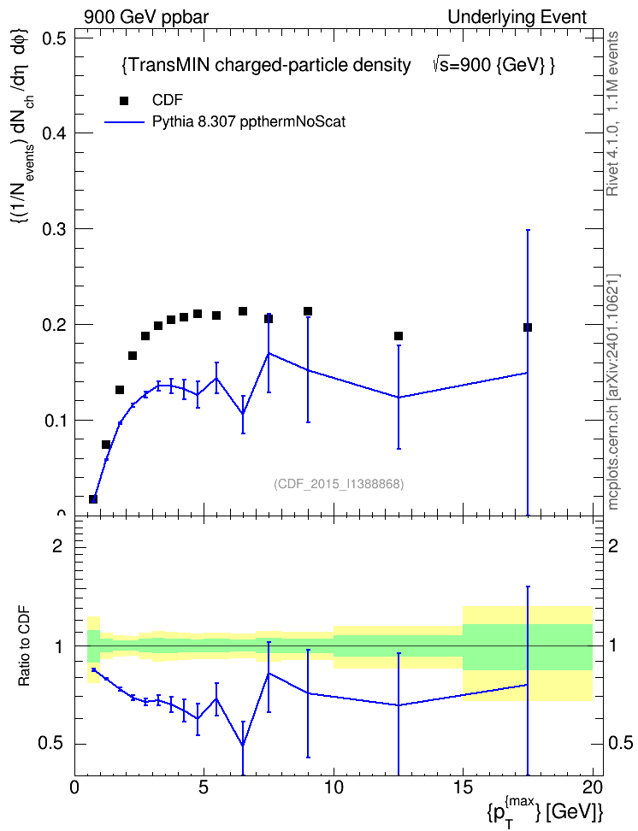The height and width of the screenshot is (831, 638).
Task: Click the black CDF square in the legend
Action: click(124, 101)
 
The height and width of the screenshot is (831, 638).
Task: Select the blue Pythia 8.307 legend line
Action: click(124, 122)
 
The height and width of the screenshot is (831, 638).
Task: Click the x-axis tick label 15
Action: click(463, 787)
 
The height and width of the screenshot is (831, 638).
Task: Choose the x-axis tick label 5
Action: click(204, 787)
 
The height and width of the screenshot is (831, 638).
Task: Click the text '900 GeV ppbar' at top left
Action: click(146, 17)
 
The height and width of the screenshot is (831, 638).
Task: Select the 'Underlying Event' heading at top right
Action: click(517, 17)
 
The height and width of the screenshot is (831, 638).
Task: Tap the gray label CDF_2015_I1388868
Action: click(339, 484)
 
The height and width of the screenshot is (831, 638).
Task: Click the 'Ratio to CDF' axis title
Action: click(24, 646)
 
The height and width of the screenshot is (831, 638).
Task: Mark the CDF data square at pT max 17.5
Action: click(527, 327)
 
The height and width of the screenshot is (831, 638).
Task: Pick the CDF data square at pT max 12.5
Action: click(399, 336)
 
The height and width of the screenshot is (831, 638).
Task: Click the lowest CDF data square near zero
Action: click(93, 498)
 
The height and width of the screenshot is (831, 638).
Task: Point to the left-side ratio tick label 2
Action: click(57, 546)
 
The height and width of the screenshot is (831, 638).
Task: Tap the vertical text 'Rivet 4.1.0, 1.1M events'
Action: click(613, 114)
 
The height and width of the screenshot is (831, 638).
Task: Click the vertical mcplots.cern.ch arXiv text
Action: click(613, 392)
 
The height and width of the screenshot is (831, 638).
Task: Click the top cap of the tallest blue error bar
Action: click(527, 230)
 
